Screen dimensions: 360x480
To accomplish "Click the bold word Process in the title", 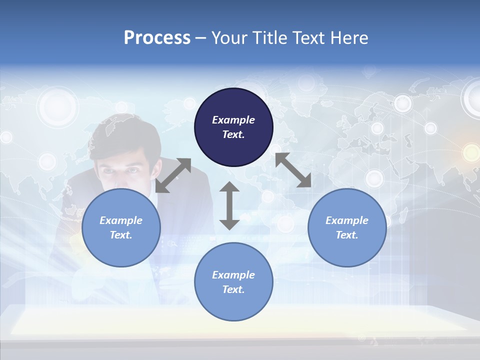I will pos(157,38).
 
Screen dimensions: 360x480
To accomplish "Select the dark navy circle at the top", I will pos(233,127).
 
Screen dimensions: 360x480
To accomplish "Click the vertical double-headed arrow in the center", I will pos(229,205).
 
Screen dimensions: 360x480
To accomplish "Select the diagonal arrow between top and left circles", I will pos(173,175).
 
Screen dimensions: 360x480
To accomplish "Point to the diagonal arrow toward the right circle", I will pos(293,170).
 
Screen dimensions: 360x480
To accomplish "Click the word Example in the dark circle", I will pos(233,120).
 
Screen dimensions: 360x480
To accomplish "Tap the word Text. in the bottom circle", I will pos(233,289).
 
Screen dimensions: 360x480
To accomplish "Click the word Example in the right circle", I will pos(347,220).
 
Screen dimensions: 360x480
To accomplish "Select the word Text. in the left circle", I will pos(121,235).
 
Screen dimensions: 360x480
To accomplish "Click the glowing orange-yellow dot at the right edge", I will pos(471,152).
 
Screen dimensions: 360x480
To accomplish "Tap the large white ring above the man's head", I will pos(58,106).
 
